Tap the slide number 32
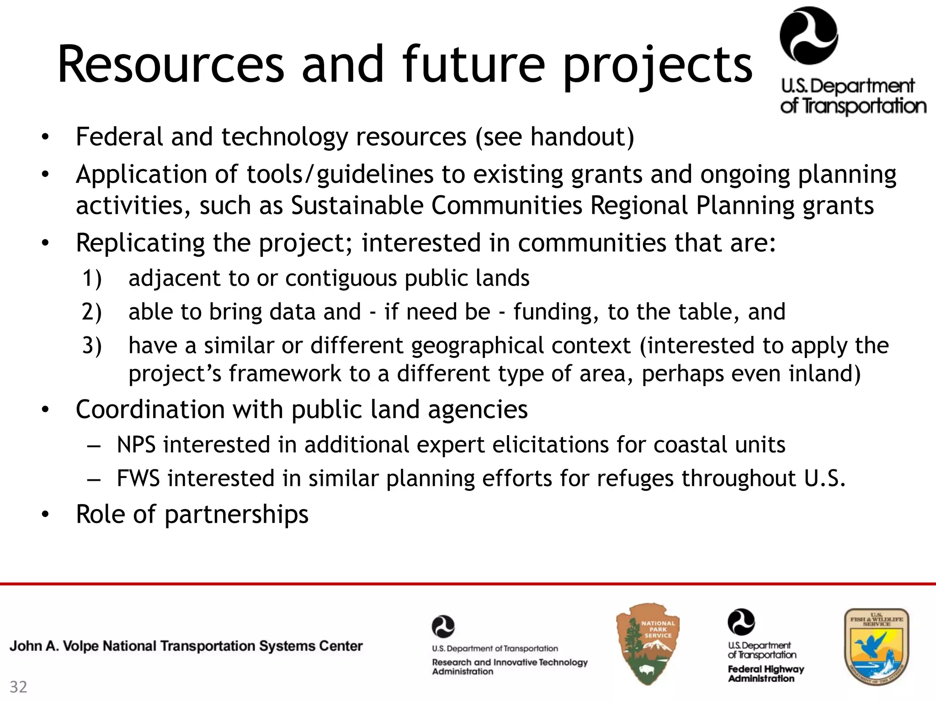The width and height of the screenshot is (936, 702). tap(19, 687)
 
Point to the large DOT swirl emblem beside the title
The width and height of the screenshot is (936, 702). tap(808, 37)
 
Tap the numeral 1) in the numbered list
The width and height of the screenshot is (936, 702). tap(92, 278)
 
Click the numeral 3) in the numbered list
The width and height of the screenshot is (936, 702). tap(92, 346)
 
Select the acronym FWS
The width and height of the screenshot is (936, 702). tap(138, 479)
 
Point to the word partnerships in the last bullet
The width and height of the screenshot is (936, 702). tap(236, 515)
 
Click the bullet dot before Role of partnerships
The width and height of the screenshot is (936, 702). tap(44, 515)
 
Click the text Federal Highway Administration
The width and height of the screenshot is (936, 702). tap(766, 674)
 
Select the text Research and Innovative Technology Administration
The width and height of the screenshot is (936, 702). tap(509, 667)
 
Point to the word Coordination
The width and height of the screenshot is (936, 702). tap(150, 409)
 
